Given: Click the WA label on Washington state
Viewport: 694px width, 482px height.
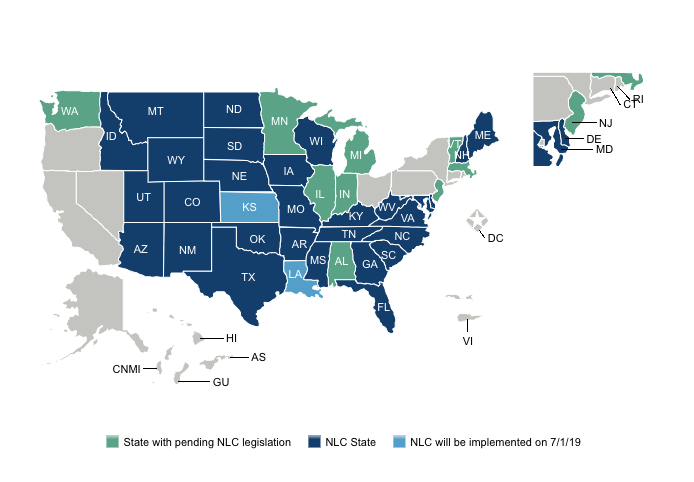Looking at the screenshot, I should point(70,112).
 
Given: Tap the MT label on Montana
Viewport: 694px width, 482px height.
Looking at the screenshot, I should point(155,111).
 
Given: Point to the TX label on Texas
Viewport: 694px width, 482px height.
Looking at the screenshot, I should point(249,277).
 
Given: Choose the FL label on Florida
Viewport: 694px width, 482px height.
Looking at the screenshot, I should point(382,307).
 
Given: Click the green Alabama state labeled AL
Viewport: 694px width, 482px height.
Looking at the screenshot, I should point(341,261).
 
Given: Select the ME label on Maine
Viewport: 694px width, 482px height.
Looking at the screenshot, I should point(482,135).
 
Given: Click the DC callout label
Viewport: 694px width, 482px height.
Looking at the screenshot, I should point(495,238).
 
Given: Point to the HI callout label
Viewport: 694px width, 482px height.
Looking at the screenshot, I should point(231,339).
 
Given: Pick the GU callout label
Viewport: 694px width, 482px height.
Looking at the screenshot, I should point(221,383).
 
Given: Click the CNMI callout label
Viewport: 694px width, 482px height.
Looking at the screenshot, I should point(126,369).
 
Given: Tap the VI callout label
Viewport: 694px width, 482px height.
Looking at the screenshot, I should point(466,341).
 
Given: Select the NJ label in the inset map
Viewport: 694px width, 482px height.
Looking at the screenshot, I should point(605,123).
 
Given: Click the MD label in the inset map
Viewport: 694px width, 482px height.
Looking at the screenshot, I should point(604,150).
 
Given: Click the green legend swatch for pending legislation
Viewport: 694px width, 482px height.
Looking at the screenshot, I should point(113,441).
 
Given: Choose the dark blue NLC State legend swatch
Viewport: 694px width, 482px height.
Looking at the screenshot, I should point(314,441).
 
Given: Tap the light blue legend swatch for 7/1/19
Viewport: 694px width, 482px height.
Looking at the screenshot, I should point(400,441).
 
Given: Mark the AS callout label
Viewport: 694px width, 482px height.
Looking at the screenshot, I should point(258,357).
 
